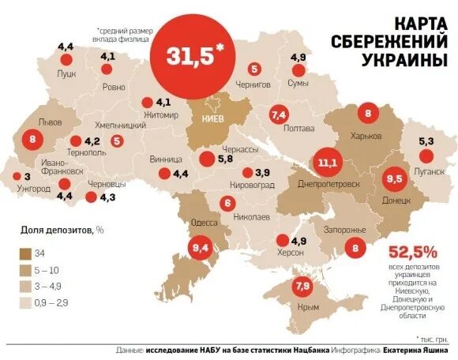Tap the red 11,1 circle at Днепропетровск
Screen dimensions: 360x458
point(328,163)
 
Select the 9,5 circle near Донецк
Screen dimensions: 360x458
point(394,179)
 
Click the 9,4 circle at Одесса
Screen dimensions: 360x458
point(199,249)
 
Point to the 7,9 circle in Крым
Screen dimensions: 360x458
point(302,287)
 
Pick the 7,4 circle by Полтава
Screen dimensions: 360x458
point(277,115)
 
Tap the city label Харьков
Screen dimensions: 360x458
point(366,136)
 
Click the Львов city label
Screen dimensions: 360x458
point(50,124)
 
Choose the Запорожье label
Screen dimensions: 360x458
point(346,230)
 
